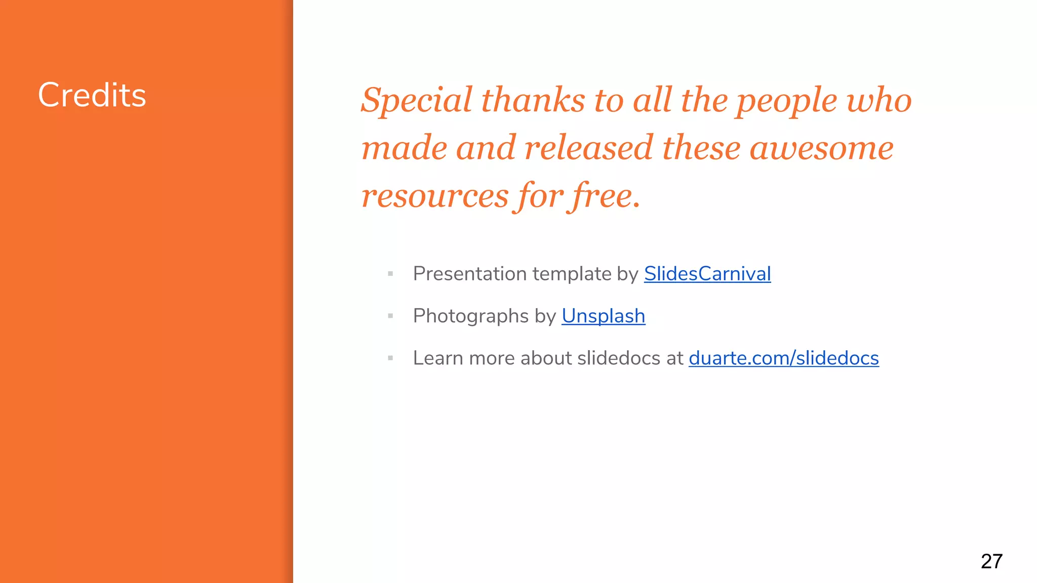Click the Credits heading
point(92,95)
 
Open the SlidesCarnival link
point(707,274)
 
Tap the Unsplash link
point(603,316)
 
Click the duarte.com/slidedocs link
point(783,358)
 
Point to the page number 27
point(991,561)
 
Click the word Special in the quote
point(416,100)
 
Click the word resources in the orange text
point(434,196)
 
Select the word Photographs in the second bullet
point(470,316)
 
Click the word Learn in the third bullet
point(437,358)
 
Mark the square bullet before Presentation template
point(390,274)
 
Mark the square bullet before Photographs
point(390,316)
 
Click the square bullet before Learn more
point(390,358)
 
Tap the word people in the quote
point(786,101)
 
